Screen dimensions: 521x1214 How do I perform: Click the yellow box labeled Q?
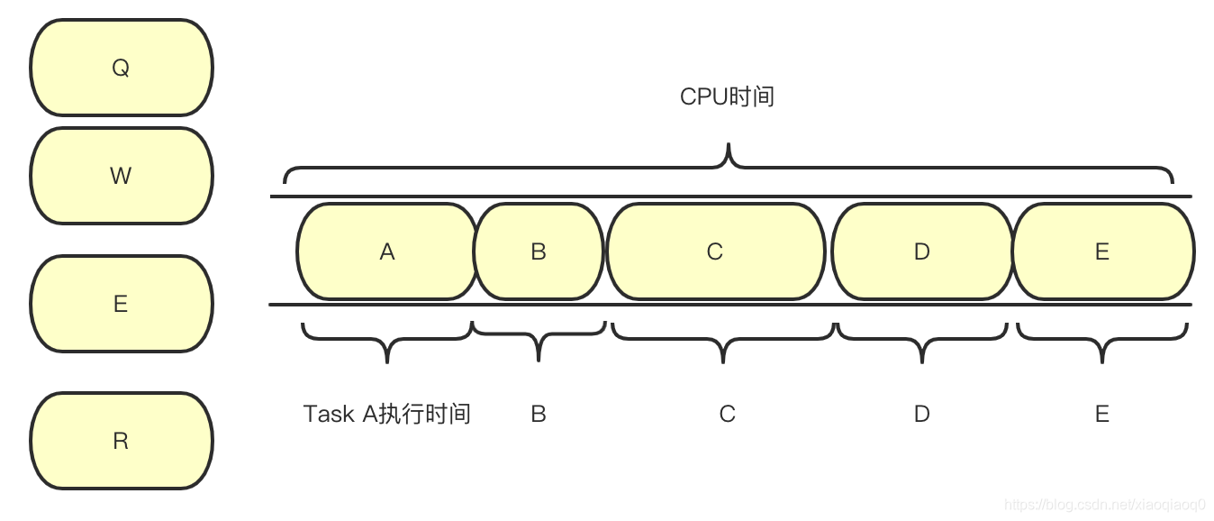point(121,69)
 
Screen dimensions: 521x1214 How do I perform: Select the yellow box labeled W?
point(121,176)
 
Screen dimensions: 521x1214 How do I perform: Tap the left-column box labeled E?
point(121,304)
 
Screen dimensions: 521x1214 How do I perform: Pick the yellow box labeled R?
point(121,441)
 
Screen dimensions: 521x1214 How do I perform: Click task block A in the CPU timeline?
point(386,251)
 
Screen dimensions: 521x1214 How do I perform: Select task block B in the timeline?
point(539,251)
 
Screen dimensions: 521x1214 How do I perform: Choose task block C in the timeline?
point(715,251)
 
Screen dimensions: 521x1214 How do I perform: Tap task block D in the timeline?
point(921,251)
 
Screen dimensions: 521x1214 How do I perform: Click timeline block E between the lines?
point(1102,251)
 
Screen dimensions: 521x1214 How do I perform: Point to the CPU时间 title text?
point(727,96)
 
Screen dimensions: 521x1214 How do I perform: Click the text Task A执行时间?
point(387,414)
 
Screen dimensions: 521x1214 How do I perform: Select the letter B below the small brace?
point(539,414)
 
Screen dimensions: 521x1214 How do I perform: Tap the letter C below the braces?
point(727,414)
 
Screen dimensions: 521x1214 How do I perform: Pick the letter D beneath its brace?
point(921,414)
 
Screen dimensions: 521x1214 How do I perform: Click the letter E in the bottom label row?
point(1102,414)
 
